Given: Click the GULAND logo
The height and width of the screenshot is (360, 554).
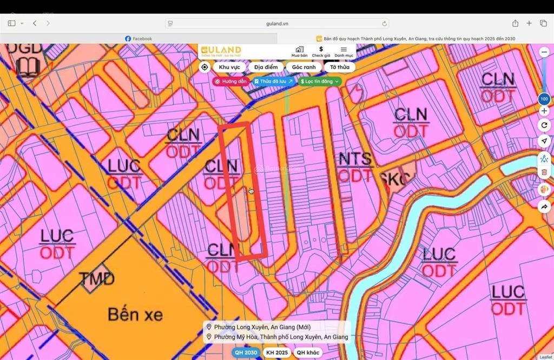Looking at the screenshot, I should point(221,51).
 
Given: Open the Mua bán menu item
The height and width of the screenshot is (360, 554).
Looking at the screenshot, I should point(299,51).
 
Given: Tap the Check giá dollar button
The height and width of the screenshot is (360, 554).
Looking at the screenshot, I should point(321,51).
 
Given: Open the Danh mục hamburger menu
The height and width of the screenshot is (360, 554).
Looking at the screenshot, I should point(344,51).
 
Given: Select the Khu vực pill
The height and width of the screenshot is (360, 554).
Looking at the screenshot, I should point(229,67).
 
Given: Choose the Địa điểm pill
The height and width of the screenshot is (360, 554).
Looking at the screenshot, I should point(266,67).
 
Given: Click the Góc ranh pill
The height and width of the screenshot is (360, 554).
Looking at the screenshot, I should point(304,67).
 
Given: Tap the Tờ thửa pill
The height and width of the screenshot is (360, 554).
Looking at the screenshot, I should point(339,67).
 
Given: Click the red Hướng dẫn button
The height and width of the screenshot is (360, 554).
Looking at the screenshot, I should point(231,81).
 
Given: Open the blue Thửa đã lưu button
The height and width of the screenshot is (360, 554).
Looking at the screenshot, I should point(273,81).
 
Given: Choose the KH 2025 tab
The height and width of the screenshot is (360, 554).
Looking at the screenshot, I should point(276,352).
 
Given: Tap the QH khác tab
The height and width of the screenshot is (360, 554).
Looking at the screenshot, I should point(308,352).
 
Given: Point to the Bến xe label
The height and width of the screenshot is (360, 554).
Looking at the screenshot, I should point(135,314).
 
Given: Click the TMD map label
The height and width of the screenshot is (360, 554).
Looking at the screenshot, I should point(96,279).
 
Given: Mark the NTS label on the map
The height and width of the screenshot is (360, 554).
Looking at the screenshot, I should point(355,159).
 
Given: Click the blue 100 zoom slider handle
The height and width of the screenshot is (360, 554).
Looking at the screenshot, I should point(544,99).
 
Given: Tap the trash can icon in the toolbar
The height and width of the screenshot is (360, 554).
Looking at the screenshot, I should point(544,172).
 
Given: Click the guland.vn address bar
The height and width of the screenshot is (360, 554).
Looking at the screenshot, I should point(277,23).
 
